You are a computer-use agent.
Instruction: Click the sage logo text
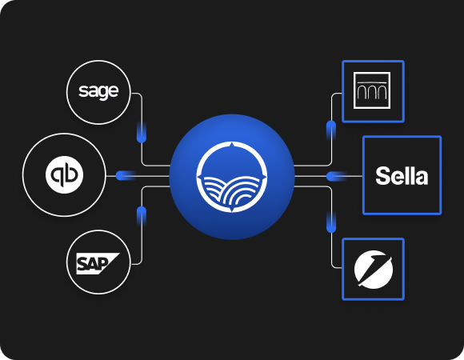[98, 92]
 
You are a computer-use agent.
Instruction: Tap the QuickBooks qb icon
[64, 175]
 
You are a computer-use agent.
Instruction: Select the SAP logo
[98, 263]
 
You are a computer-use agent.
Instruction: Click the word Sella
[402, 176]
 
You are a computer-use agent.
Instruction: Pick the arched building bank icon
[372, 90]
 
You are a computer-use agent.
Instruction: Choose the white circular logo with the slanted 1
[374, 269]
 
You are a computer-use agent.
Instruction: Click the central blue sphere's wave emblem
[232, 177]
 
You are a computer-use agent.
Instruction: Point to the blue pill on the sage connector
[142, 132]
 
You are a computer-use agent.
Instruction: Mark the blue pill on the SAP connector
[142, 217]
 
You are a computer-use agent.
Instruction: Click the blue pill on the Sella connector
[337, 176]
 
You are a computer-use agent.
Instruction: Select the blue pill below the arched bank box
[331, 130]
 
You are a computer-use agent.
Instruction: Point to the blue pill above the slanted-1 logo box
[331, 222]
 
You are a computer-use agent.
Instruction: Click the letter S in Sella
[382, 176]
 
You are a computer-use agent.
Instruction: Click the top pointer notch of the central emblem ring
[232, 145]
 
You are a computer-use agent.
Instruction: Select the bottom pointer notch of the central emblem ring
[232, 210]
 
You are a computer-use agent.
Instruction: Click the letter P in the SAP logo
[103, 263]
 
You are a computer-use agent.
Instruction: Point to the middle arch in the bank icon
[372, 93]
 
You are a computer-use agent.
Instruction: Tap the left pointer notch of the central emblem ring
[199, 177]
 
